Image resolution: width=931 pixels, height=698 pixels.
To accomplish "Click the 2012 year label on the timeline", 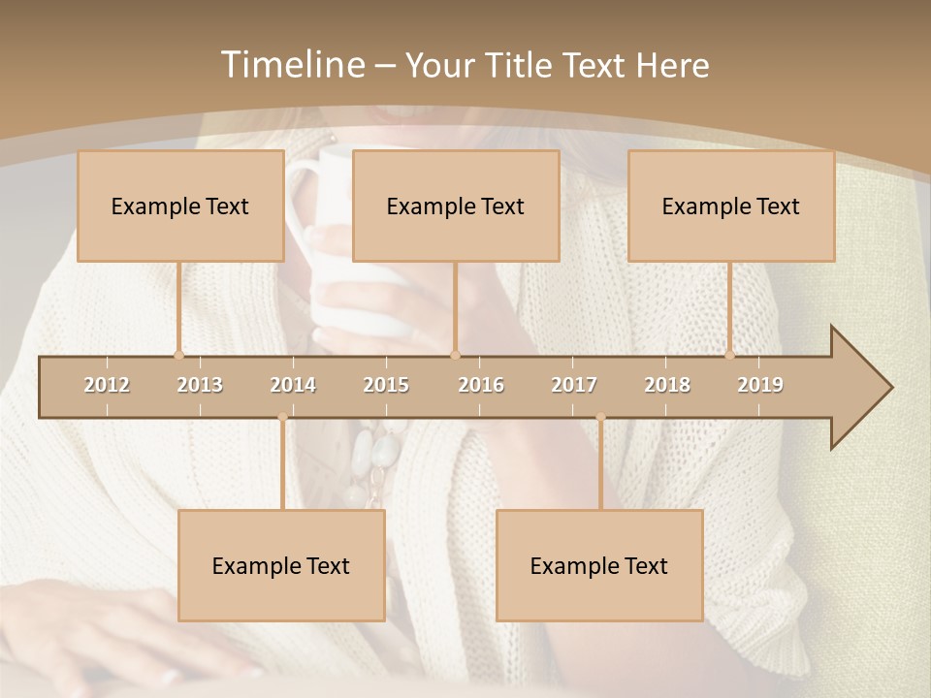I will click(x=107, y=385).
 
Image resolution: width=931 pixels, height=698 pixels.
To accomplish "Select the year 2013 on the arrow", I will click(x=200, y=385).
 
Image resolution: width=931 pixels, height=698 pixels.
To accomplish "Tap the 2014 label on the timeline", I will click(x=293, y=385).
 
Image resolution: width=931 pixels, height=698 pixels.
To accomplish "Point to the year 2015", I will click(x=386, y=385).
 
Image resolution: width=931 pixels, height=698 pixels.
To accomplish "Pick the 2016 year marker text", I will click(x=481, y=385).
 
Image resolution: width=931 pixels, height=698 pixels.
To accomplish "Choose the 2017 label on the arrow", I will click(x=574, y=385).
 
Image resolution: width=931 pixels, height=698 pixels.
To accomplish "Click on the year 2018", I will click(x=667, y=385).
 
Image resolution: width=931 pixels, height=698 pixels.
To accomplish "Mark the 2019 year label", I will click(x=760, y=385).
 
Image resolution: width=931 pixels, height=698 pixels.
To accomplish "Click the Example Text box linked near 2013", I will click(x=180, y=206).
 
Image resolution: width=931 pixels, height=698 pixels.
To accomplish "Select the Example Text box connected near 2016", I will click(x=456, y=206).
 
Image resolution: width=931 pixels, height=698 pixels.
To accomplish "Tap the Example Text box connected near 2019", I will click(x=731, y=206).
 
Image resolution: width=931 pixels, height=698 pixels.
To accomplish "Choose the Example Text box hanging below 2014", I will click(x=281, y=565).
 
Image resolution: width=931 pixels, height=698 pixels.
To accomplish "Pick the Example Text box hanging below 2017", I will click(x=599, y=565).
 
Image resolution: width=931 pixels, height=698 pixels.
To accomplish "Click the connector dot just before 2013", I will click(x=178, y=355).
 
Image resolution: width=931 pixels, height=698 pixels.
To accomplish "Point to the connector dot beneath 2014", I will click(x=282, y=418).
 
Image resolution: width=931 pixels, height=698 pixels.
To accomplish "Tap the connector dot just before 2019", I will click(x=730, y=355).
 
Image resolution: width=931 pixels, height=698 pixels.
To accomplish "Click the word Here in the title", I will click(x=672, y=65).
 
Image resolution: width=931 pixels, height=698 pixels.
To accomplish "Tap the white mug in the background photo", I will click(x=339, y=291).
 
